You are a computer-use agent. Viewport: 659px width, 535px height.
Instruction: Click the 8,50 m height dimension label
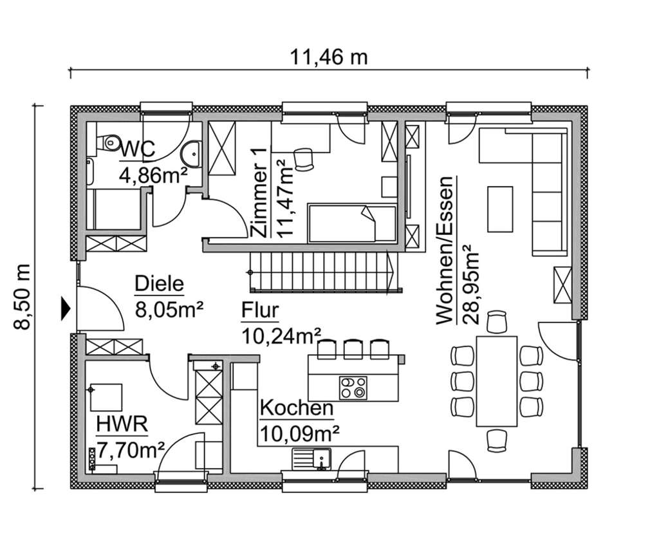(x=23, y=297)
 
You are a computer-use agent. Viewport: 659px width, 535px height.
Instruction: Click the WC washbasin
(x=192, y=154)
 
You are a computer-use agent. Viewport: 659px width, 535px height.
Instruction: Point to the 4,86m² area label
(x=153, y=174)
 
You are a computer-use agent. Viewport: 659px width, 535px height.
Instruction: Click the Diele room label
(x=159, y=283)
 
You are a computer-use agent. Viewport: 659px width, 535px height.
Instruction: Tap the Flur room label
(x=260, y=311)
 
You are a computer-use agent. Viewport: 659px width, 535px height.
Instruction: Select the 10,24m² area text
(x=282, y=335)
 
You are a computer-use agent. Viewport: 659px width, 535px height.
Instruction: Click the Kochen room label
(x=296, y=408)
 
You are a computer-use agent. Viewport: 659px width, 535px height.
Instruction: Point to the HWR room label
(x=122, y=424)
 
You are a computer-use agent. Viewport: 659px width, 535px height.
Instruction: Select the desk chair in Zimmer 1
(x=302, y=158)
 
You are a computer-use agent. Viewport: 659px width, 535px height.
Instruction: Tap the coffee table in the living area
(x=499, y=209)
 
